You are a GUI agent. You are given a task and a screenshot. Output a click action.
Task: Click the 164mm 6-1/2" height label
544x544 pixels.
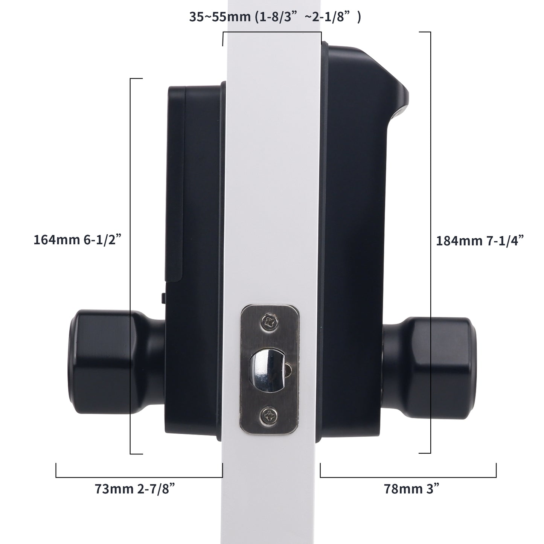click(77, 240)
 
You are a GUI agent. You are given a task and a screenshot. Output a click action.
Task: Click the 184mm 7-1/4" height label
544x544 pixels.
click(480, 241)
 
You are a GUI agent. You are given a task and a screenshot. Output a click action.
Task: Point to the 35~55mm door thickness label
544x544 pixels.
click(275, 17)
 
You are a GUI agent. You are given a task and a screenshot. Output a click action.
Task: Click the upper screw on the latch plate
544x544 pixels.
click(270, 322)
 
